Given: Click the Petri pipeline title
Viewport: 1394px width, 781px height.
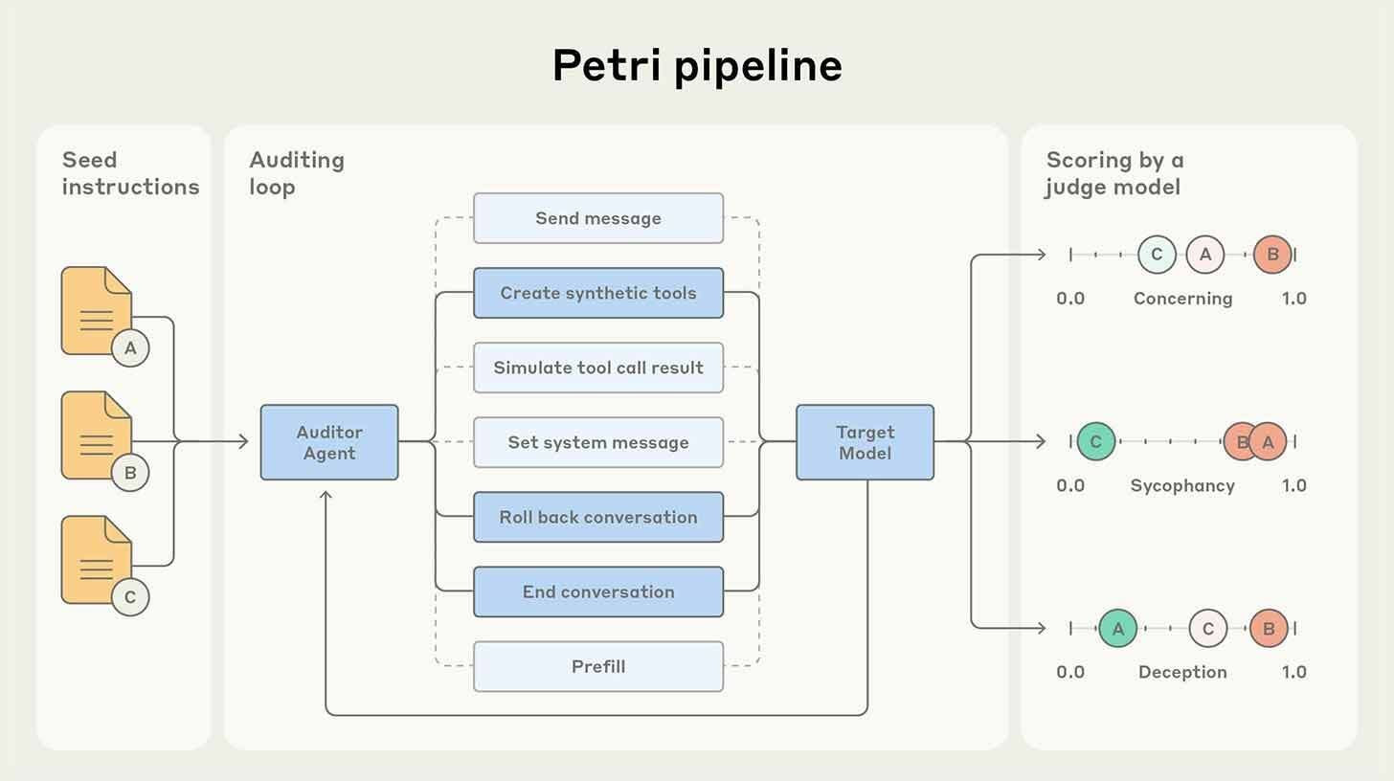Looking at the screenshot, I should point(697,65).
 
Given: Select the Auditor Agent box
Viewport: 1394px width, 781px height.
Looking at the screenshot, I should point(329,442).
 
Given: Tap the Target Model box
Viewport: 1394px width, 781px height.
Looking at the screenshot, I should point(865,442).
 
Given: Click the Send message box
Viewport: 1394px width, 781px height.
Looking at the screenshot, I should point(598,218).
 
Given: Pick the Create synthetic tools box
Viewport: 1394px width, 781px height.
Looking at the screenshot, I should point(598,293).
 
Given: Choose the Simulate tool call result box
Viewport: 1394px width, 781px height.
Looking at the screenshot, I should point(598,368).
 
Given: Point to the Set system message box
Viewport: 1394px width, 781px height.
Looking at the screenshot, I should point(598,442).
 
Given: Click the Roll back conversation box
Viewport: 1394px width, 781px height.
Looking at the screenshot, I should point(598,517).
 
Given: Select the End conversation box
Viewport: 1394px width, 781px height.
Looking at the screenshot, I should point(598,591).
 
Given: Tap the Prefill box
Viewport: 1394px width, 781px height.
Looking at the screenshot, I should point(598,666).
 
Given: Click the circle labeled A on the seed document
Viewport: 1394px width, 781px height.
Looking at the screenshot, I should point(130,348).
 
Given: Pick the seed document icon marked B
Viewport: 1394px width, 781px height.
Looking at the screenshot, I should point(96,435).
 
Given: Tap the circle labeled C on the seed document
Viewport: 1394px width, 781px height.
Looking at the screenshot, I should point(130,597).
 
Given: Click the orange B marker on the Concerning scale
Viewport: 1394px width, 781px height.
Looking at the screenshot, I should point(1272,255).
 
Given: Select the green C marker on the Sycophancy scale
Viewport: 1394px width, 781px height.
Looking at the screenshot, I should point(1095,442).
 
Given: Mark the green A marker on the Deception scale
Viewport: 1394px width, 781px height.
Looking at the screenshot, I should point(1117,629).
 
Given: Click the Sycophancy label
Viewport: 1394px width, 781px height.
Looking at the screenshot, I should point(1182,485).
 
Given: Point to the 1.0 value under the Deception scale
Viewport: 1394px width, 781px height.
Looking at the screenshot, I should point(1293,672).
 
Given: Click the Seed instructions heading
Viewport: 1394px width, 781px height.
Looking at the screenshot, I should point(130,173).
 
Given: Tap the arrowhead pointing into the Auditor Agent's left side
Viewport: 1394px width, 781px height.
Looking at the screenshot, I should point(244,442).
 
